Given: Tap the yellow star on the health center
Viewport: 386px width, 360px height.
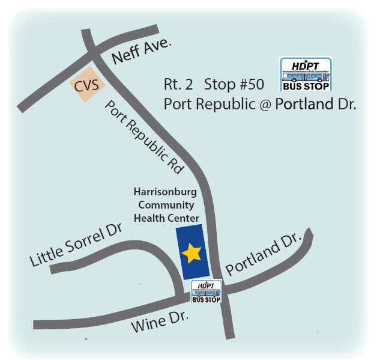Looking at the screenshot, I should tap(191, 254).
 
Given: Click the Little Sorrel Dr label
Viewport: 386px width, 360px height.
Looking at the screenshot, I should tap(76, 245).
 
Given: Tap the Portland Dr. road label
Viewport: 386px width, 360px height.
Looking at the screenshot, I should tap(262, 257).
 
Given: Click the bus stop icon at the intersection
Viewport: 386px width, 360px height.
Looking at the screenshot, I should tap(206, 292).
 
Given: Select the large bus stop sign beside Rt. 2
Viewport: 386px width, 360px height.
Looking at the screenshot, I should tap(306, 74).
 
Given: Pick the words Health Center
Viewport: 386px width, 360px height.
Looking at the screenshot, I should tap(166, 218).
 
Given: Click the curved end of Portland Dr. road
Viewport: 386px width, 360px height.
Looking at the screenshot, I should tap(308, 234).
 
